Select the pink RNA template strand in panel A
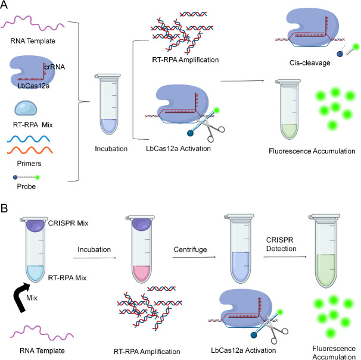[x=33, y=26]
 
